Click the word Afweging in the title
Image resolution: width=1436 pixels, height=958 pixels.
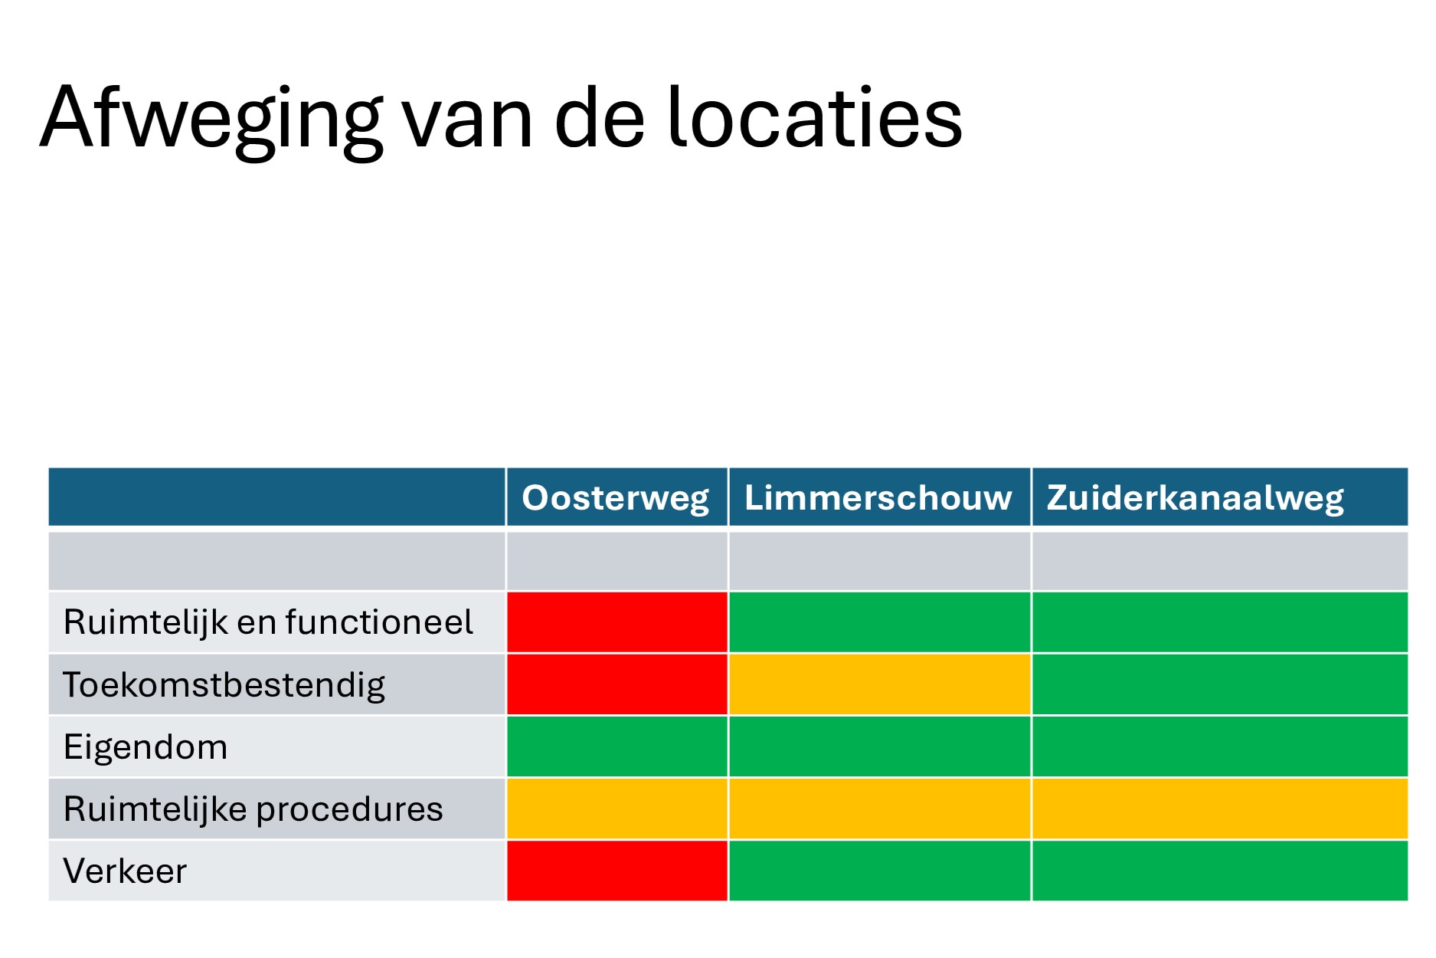pos(211,121)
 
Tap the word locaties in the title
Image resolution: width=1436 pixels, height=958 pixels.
pos(815,116)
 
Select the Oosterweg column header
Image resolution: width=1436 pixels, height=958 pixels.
pos(616,498)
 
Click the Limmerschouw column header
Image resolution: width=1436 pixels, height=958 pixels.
pos(878,497)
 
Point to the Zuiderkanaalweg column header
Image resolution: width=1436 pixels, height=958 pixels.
pos(1196,498)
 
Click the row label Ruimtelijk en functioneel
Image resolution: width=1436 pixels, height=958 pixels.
pos(268,622)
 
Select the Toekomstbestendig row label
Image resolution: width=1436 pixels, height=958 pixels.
pos(224,685)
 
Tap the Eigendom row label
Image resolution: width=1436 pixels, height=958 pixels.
pos(146,747)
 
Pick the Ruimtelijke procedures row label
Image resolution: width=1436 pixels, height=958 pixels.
pos(254,809)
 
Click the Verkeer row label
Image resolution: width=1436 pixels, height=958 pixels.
pos(125,871)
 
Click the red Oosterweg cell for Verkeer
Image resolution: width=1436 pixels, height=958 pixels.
pos(617,871)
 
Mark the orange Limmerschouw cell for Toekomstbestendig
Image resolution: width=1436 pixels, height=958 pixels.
pos(880,684)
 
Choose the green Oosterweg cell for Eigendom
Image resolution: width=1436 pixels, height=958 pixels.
pos(617,746)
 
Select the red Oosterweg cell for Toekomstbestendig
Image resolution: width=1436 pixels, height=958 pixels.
pos(617,684)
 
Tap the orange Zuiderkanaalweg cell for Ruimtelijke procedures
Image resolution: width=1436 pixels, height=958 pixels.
pos(1220,809)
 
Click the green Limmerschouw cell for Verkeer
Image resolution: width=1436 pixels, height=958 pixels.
pos(880,871)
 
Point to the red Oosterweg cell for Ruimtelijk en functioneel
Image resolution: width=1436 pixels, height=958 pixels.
pos(617,622)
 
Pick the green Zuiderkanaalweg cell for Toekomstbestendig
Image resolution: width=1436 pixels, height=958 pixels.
pos(1220,684)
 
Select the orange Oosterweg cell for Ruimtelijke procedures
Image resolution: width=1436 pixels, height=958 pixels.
pos(617,809)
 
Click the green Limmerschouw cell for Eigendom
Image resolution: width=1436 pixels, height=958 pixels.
pos(880,746)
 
